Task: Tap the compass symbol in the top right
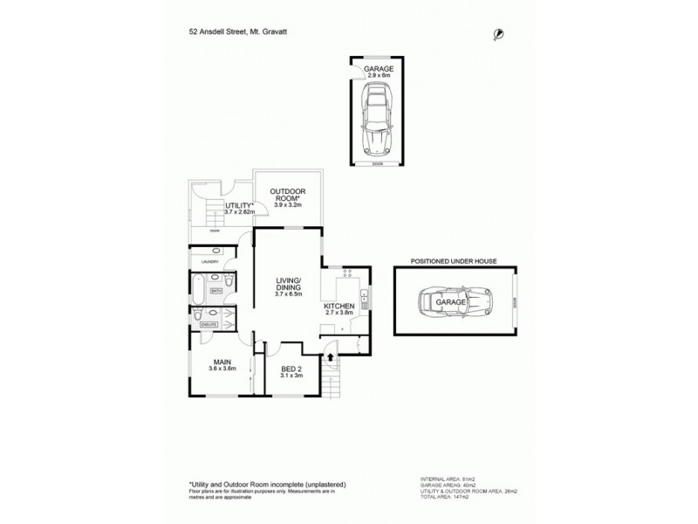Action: click(x=497, y=33)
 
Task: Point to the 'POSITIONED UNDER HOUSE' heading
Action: click(x=458, y=260)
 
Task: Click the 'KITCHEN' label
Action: click(x=339, y=307)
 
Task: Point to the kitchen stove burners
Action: click(x=347, y=273)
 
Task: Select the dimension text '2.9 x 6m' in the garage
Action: click(x=379, y=76)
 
